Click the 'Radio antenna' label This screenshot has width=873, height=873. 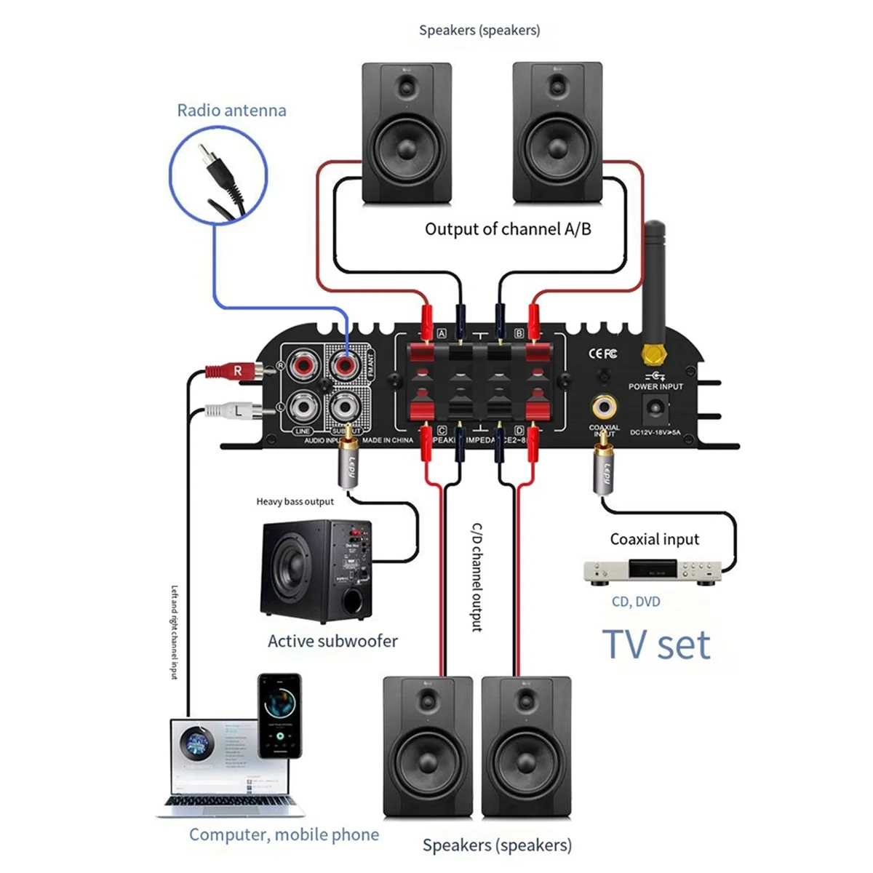(x=231, y=111)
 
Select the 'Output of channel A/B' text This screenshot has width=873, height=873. (x=508, y=229)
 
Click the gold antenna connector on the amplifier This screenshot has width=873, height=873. (x=653, y=354)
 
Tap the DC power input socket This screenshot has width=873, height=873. (x=655, y=411)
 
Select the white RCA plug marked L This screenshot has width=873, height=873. (x=231, y=411)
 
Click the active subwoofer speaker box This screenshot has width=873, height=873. (x=316, y=571)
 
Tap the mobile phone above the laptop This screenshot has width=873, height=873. (x=280, y=716)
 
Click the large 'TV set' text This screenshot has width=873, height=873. (x=656, y=645)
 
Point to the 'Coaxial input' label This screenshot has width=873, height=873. (x=654, y=539)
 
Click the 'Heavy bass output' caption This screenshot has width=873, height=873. (x=295, y=501)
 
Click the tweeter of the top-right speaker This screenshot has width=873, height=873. (x=557, y=88)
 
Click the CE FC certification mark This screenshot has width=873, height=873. (x=602, y=354)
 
